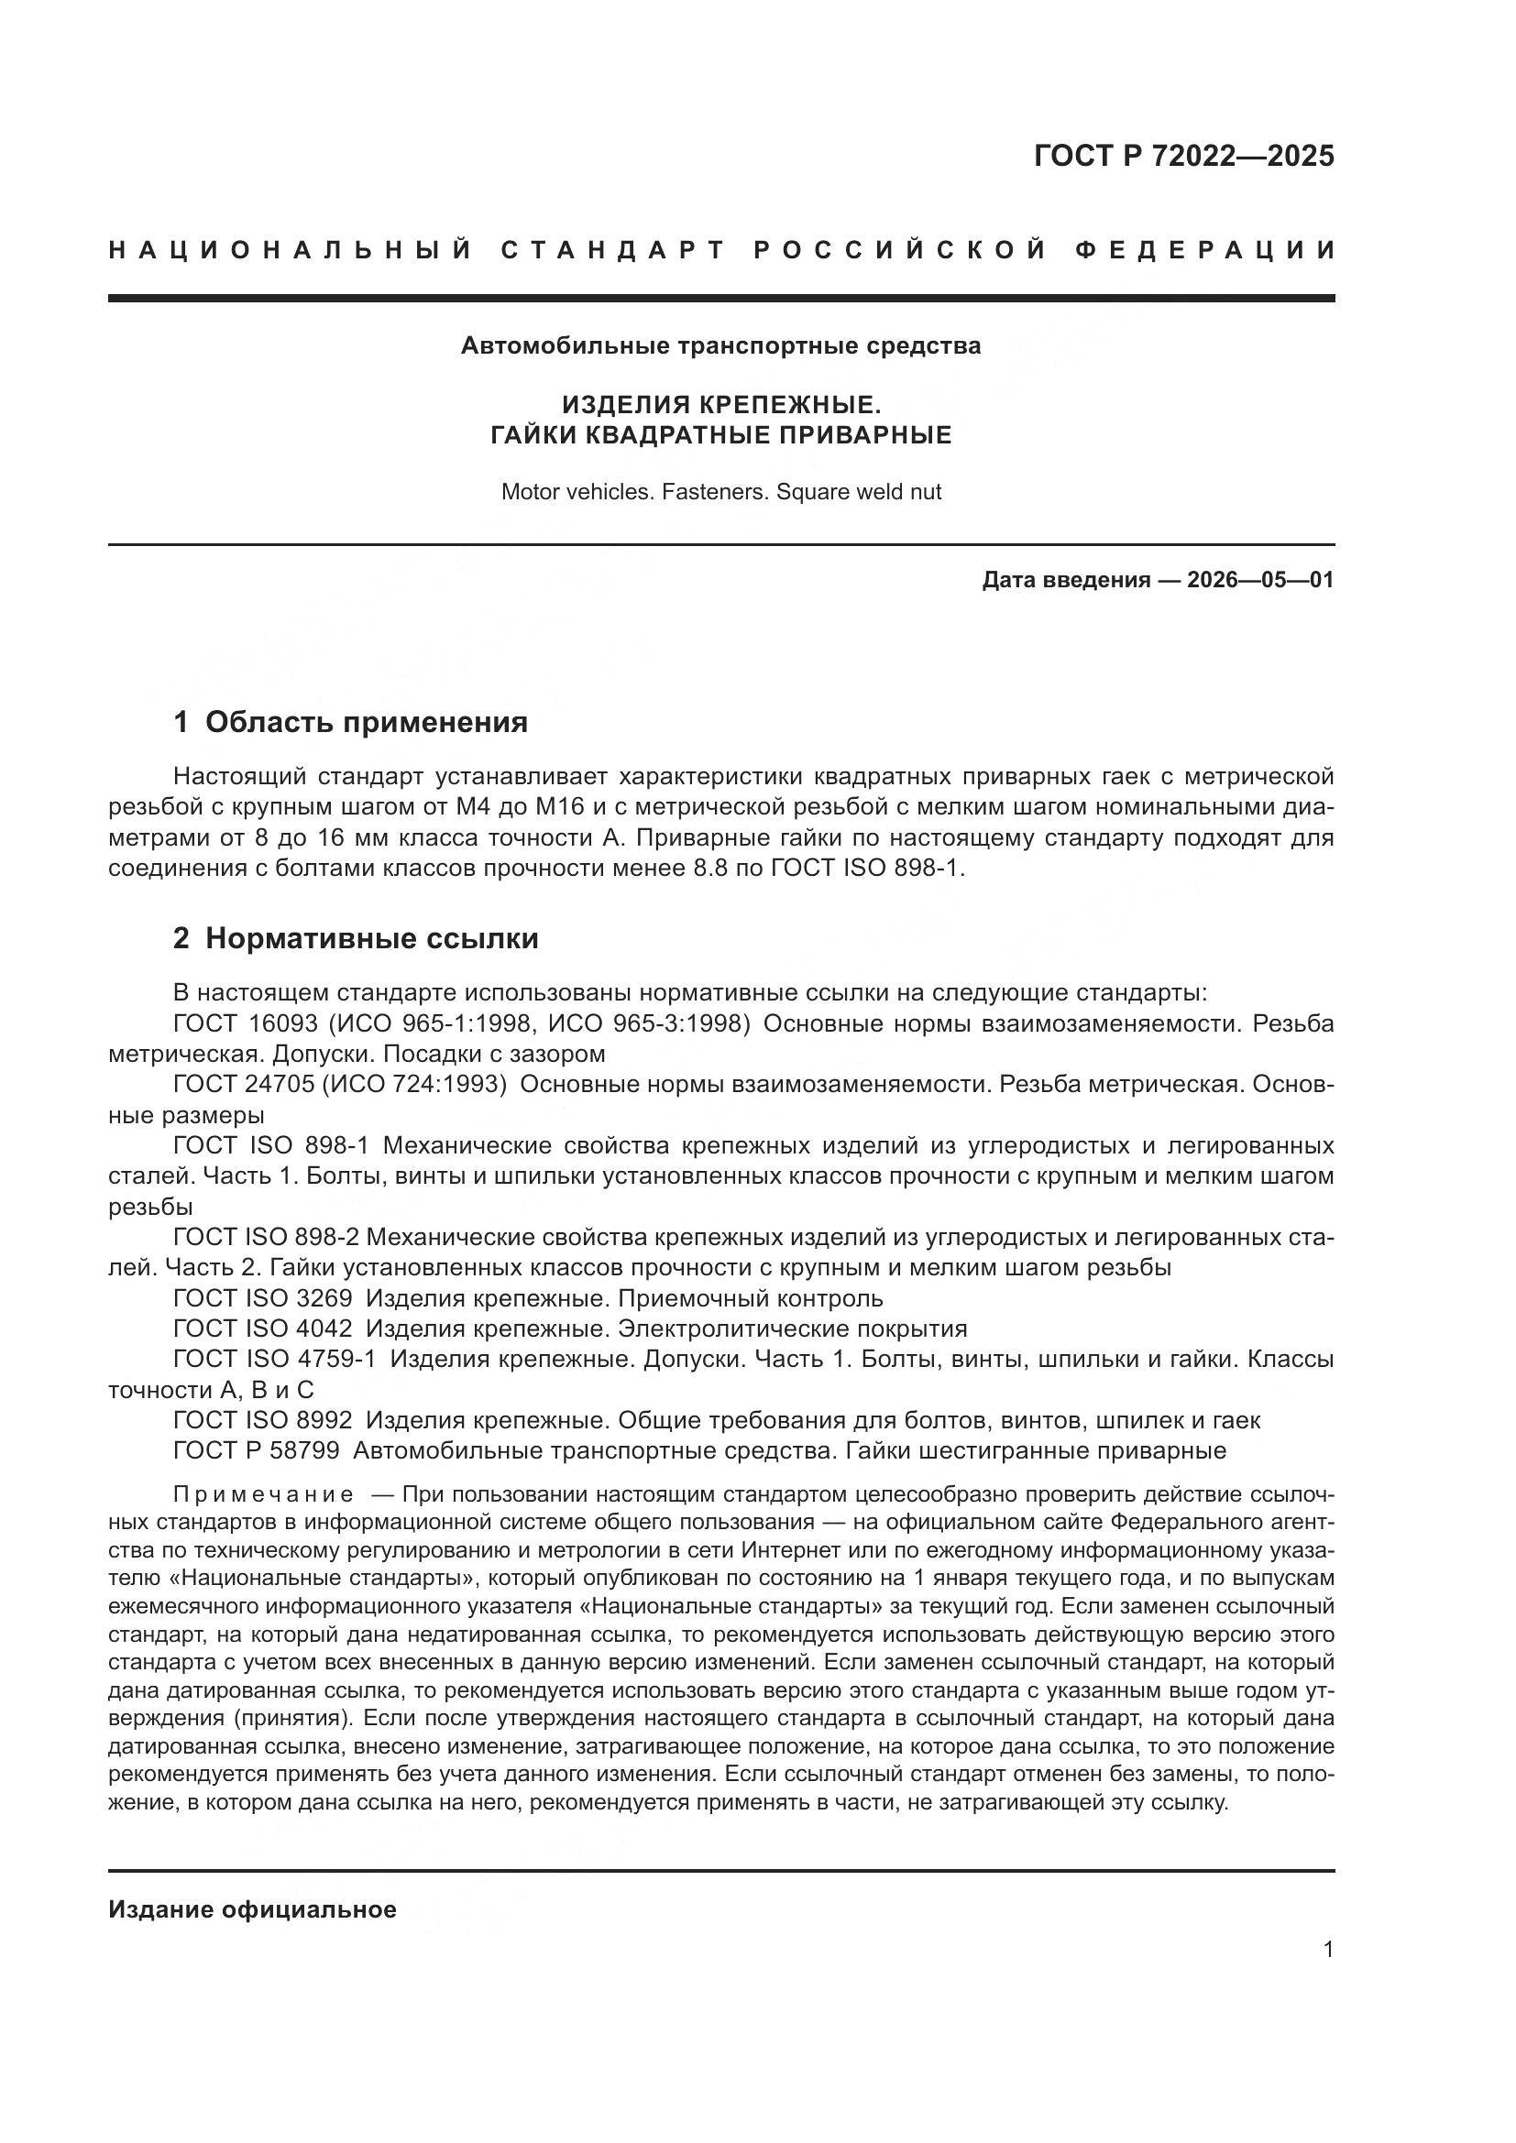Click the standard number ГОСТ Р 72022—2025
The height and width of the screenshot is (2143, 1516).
tap(1183, 156)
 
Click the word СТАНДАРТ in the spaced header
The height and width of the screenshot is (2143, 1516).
tap(613, 250)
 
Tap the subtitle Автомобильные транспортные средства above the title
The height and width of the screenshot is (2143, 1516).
tap(720, 346)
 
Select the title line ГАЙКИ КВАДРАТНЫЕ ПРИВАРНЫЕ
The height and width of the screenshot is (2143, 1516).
tap(720, 435)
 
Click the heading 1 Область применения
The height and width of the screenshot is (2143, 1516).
tap(351, 721)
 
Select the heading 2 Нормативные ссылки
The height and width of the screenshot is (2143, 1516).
tap(356, 938)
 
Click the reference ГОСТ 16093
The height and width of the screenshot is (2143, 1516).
tap(245, 1024)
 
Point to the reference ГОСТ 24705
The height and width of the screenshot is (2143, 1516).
tap(245, 1085)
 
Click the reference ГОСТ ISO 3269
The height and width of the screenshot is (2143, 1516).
tap(262, 1298)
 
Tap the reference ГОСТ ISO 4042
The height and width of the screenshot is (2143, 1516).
tap(262, 1328)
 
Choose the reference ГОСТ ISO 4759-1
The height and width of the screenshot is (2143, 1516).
tap(274, 1359)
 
